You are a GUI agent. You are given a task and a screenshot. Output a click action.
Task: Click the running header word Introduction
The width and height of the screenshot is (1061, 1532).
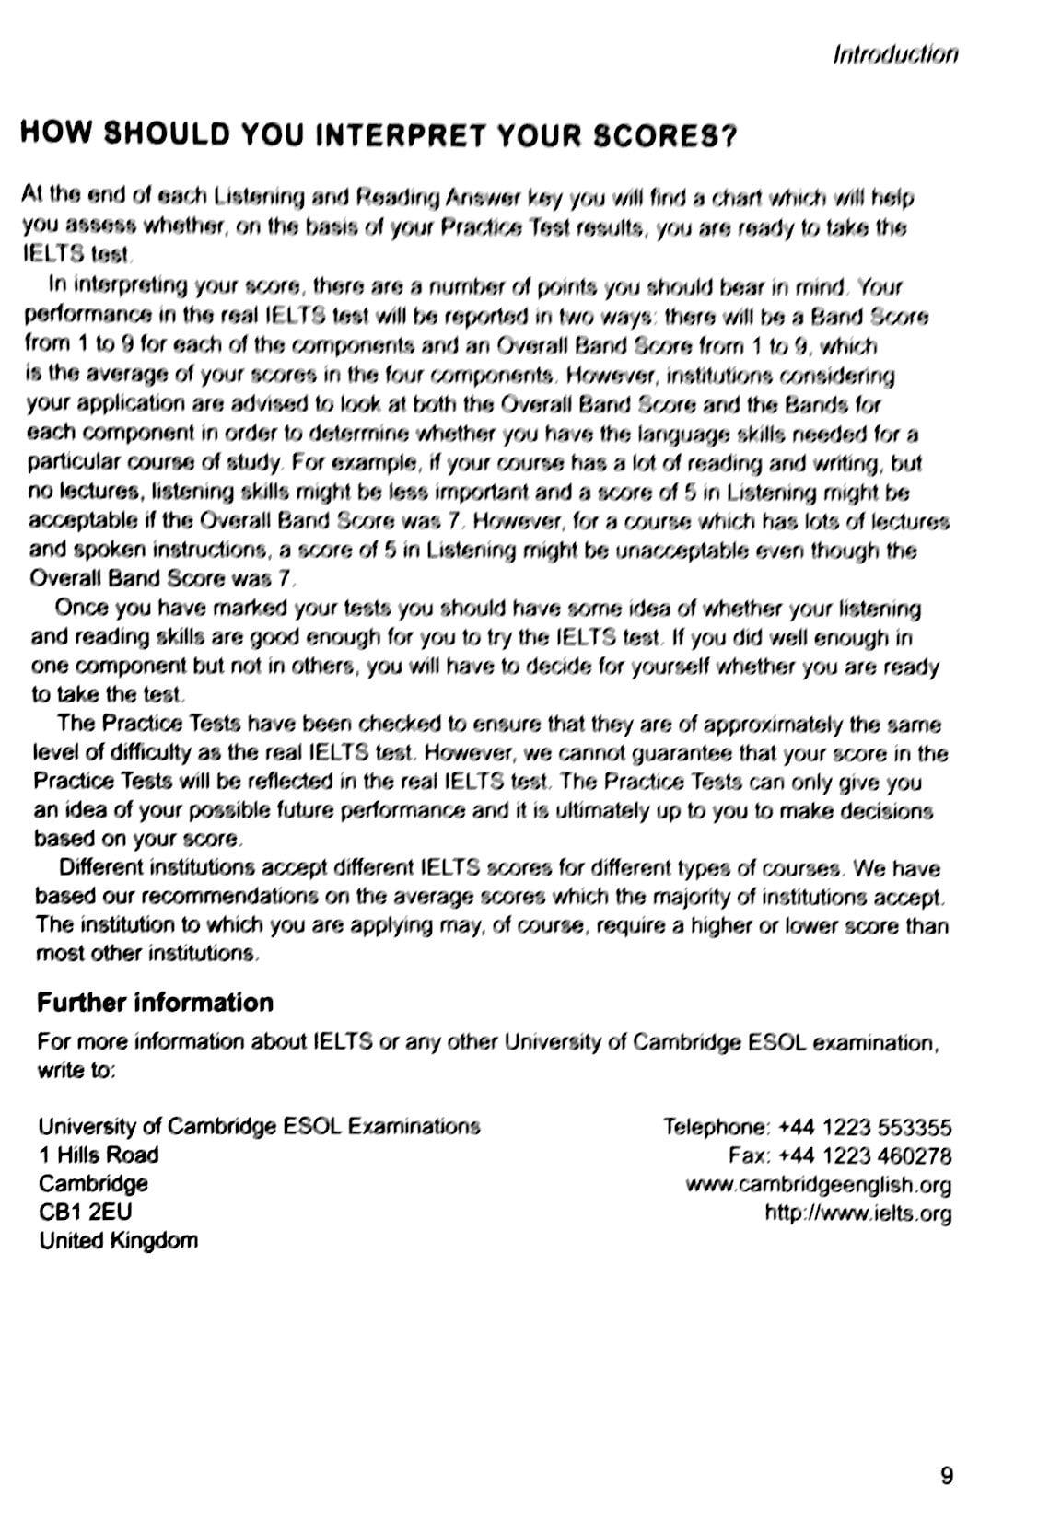(x=894, y=54)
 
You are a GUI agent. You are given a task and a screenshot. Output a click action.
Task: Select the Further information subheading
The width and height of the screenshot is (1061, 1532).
(x=155, y=1003)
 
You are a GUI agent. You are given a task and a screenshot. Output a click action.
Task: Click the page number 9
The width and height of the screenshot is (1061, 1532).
(x=947, y=1477)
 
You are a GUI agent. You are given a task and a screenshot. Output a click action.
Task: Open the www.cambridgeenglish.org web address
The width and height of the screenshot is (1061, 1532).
(x=818, y=1185)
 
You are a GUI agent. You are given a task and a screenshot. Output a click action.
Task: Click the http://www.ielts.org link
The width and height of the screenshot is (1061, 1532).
(x=857, y=1213)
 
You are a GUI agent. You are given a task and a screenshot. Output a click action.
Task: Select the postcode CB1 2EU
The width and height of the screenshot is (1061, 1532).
(x=85, y=1212)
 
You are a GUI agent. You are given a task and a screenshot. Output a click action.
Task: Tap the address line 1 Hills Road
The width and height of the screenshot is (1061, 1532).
(x=99, y=1155)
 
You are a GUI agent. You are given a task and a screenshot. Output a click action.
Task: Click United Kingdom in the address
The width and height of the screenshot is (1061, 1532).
(x=118, y=1240)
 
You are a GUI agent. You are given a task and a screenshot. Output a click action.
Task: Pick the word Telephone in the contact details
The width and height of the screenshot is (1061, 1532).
(x=715, y=1127)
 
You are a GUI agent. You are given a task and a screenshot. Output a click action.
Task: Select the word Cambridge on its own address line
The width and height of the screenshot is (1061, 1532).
(x=93, y=1183)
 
